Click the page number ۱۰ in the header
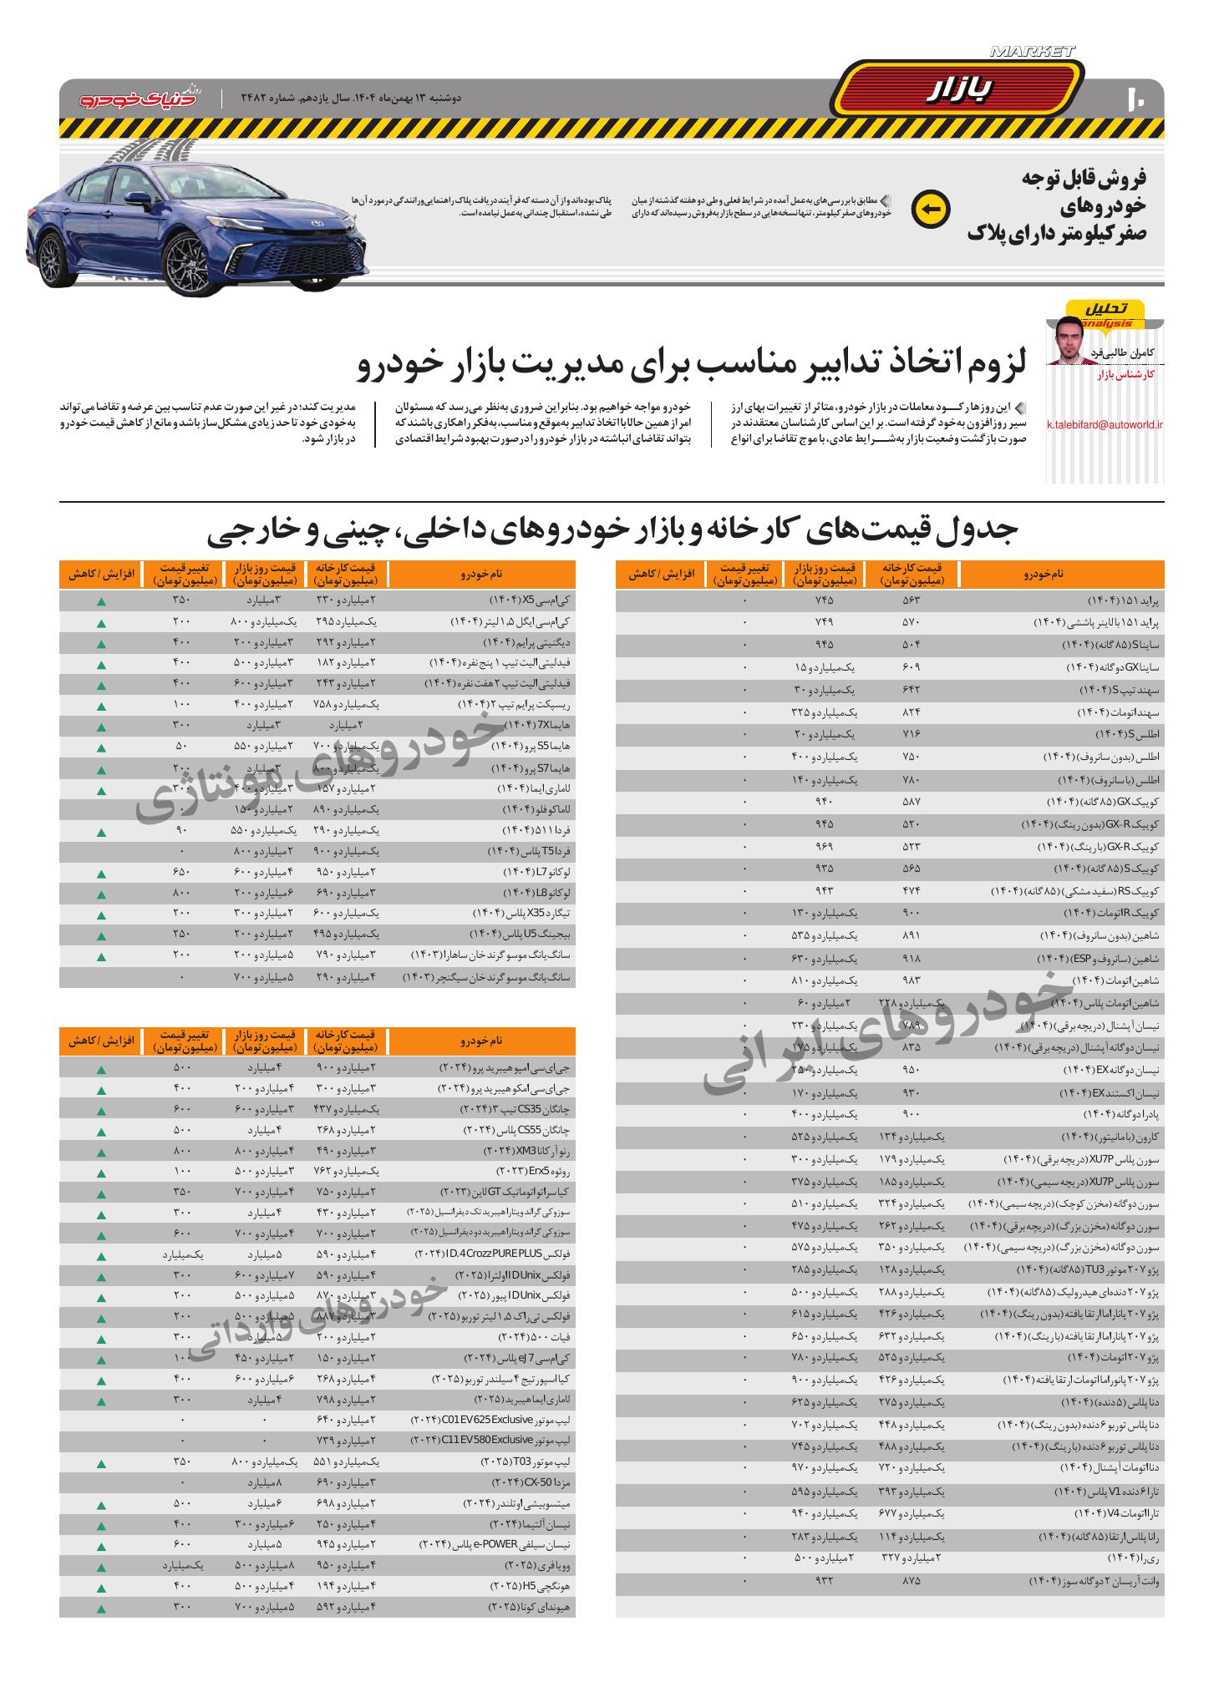point(1137,99)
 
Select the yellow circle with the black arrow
point(931,209)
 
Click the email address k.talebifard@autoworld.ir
point(1105,424)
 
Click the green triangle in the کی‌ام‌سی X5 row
point(101,601)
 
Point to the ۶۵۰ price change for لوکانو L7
point(181,872)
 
